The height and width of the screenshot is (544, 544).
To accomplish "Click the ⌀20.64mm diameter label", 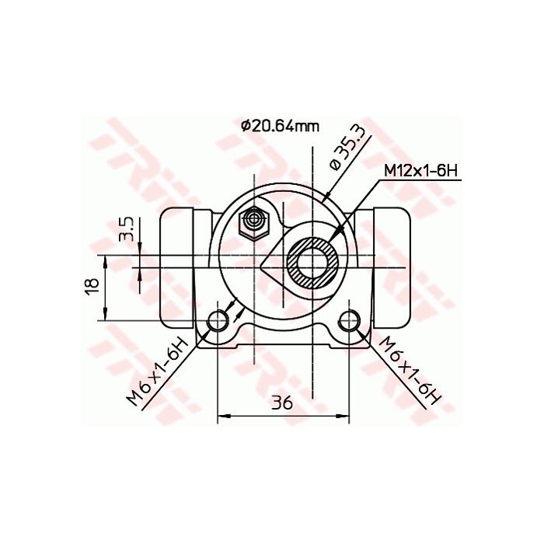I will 280,127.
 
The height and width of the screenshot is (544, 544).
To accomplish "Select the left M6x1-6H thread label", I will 159,371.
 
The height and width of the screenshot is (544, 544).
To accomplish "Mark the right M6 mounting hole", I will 351,318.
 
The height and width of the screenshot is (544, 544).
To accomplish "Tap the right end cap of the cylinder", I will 391,267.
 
